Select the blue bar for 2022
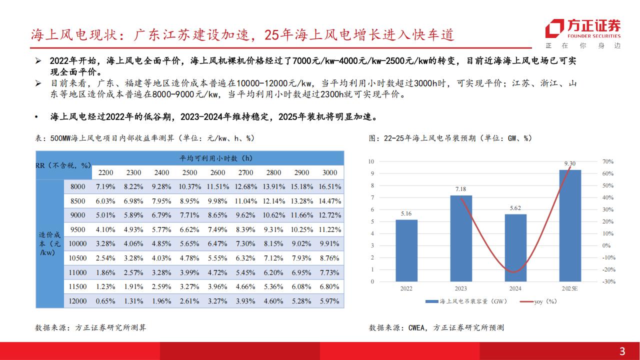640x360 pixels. (406, 250)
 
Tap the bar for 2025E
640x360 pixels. (570, 225)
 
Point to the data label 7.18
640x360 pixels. (460, 189)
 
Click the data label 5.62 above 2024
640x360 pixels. (515, 208)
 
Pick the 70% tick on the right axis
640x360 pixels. (607, 161)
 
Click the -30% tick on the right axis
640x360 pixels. (608, 281)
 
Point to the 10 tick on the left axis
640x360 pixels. (371, 161)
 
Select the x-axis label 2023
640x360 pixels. (460, 288)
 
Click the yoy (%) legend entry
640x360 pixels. (538, 301)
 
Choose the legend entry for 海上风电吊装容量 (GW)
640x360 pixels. (466, 301)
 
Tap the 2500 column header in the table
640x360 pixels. (189, 172)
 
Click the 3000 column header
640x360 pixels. (329, 172)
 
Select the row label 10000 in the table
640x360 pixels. (77, 243)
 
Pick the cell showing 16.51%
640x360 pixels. (330, 186)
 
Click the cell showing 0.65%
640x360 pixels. (105, 301)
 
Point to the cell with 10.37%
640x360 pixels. (190, 186)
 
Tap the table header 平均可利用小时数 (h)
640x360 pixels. (216, 158)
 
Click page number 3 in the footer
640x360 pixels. (622, 351)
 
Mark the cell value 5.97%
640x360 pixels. (329, 301)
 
